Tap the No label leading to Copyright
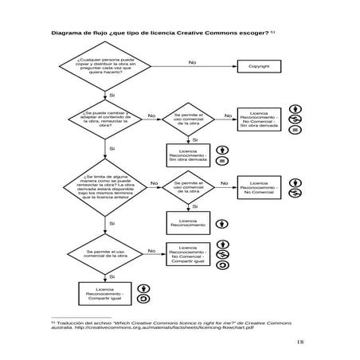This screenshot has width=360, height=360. tap(193, 61)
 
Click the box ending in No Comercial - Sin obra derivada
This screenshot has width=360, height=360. tap(258, 120)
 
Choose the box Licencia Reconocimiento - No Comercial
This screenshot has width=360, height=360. tap(258, 189)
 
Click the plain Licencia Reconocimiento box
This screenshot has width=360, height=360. tap(188, 223)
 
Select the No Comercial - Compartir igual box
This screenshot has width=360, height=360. tap(188, 255)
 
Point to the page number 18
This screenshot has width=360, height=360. tap(299, 342)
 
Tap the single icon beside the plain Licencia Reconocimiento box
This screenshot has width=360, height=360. tap(223, 223)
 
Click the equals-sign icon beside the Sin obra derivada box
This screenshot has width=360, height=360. tap(223, 161)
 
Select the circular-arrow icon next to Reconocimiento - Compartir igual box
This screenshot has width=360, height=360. tap(143, 299)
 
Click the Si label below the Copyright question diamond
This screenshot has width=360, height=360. tap(112, 95)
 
